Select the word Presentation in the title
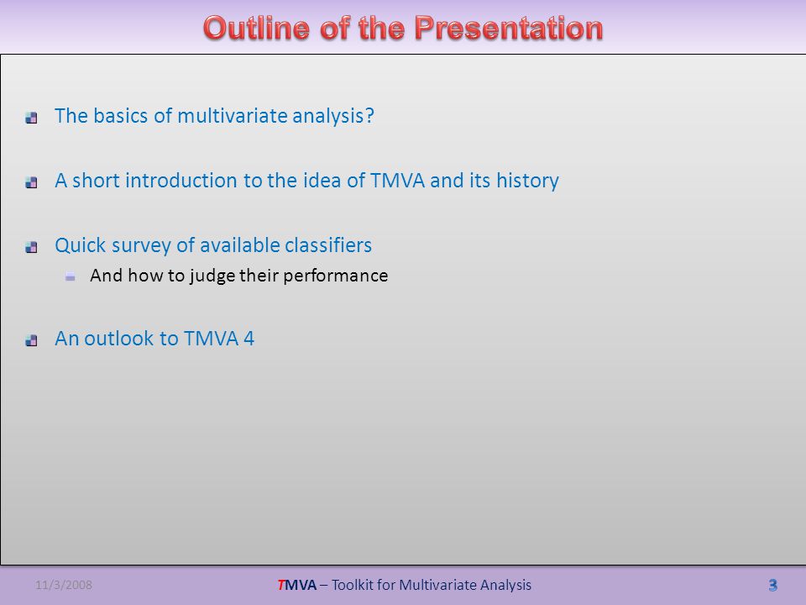click(x=509, y=28)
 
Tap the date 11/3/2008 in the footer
click(x=64, y=585)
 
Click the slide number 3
click(x=772, y=585)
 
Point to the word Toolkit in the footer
click(x=353, y=585)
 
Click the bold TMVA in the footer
click(x=297, y=585)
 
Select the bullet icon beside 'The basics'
click(x=31, y=118)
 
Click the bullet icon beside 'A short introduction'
click(x=31, y=182)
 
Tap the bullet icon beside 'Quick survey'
click(x=31, y=247)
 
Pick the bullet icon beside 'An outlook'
click(x=31, y=340)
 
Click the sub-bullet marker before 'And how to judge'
click(x=71, y=277)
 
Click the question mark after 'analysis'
click(x=369, y=116)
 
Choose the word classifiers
click(x=328, y=245)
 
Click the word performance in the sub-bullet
click(x=336, y=276)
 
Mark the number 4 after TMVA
click(x=249, y=339)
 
